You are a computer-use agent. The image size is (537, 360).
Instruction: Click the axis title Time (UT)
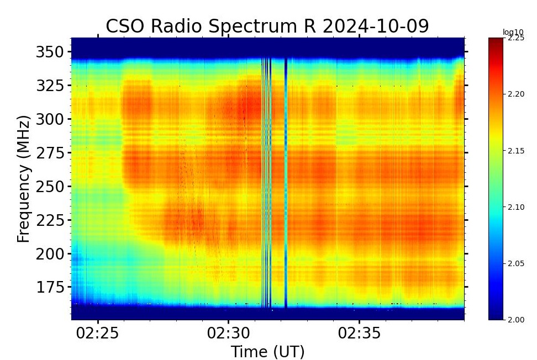pyautogui.click(x=267, y=351)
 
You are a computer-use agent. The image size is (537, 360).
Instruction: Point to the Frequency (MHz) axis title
pyautogui.click(x=23, y=179)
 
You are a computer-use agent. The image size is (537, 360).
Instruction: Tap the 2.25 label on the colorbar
pyautogui.click(x=516, y=38)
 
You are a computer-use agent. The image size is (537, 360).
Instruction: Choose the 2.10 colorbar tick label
pyautogui.click(x=516, y=207)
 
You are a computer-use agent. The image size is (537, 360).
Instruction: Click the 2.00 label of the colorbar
pyautogui.click(x=516, y=320)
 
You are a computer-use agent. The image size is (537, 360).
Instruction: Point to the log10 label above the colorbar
pyautogui.click(x=512, y=32)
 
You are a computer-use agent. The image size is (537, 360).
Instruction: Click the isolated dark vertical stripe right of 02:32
pyautogui.click(x=286, y=182)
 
